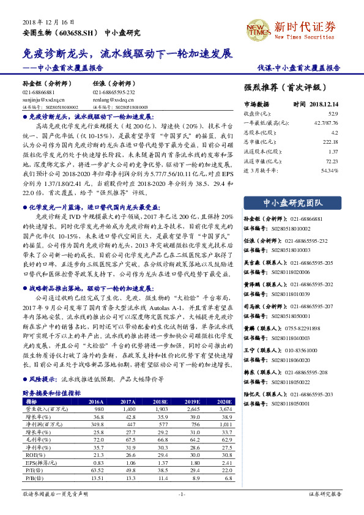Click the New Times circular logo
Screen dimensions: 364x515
tap(257, 28)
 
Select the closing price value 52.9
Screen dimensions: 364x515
tap(333, 114)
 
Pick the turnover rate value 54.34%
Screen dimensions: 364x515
tap(330, 169)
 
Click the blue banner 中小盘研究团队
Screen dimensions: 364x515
tap(291, 202)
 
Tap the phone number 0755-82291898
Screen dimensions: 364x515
tap(293, 328)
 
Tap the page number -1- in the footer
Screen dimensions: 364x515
tap(182, 494)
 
